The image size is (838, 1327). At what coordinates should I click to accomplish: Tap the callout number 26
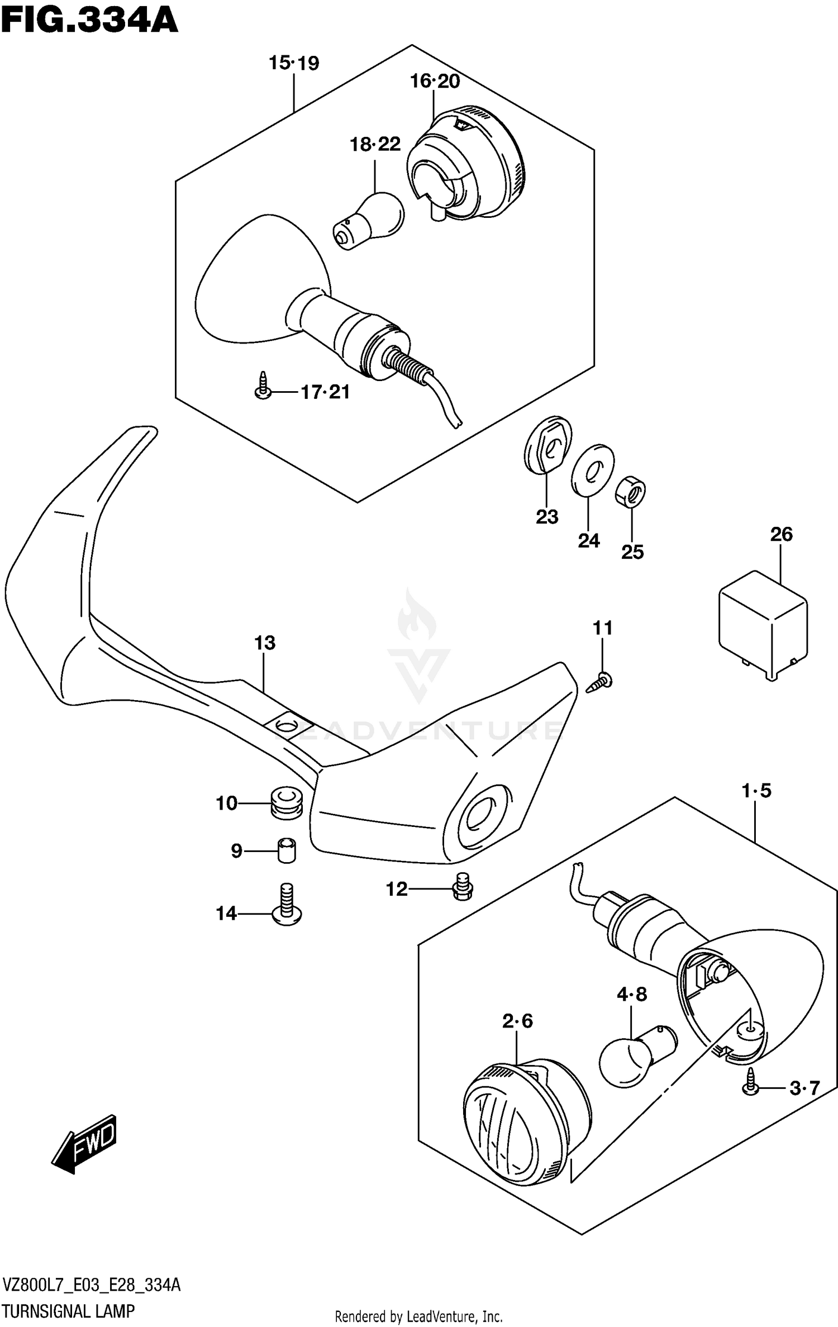coord(781,535)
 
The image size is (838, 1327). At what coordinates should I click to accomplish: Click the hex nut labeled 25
coord(631,492)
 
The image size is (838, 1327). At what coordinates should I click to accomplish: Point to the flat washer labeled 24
coord(592,470)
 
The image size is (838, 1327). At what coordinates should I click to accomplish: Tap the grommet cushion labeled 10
coord(287,804)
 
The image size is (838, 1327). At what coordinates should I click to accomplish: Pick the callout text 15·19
coord(294,63)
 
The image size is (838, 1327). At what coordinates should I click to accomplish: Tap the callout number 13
coord(265,643)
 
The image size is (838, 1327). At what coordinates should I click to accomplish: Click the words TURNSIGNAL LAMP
coord(68,1311)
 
